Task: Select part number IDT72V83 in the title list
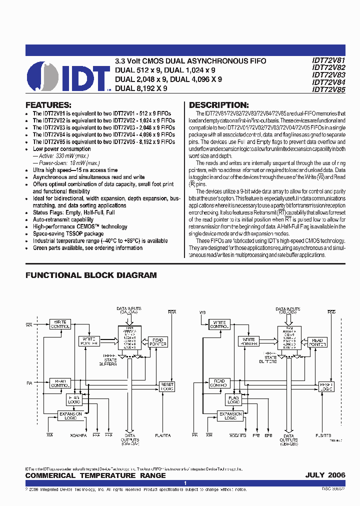point(328,75)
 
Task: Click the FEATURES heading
point(48,105)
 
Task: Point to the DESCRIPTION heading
point(218,105)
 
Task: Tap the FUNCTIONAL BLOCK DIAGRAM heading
point(91,275)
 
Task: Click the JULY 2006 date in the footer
point(325,475)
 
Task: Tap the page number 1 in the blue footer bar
point(185,483)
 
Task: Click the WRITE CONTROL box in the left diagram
point(60,324)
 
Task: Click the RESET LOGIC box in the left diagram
point(167,386)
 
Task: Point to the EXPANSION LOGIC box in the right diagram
point(230,416)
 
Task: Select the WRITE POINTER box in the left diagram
point(88,341)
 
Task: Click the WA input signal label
point(29,325)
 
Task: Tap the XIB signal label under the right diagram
point(208,436)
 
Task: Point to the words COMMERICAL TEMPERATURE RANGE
point(95,475)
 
